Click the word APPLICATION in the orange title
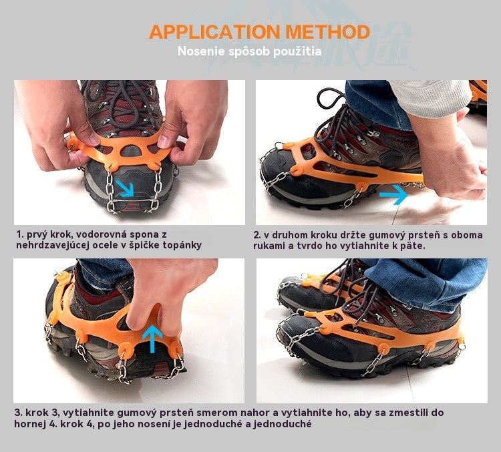point(214,32)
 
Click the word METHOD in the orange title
point(327,32)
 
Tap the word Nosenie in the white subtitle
point(200,51)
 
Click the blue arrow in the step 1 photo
point(125,188)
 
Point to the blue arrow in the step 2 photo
point(393,194)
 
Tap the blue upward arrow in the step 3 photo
point(152,338)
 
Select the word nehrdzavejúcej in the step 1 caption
point(54,246)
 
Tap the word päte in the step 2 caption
point(414,246)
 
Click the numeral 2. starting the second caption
point(257,235)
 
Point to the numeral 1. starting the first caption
point(20,234)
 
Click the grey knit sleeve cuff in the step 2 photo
point(432,97)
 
